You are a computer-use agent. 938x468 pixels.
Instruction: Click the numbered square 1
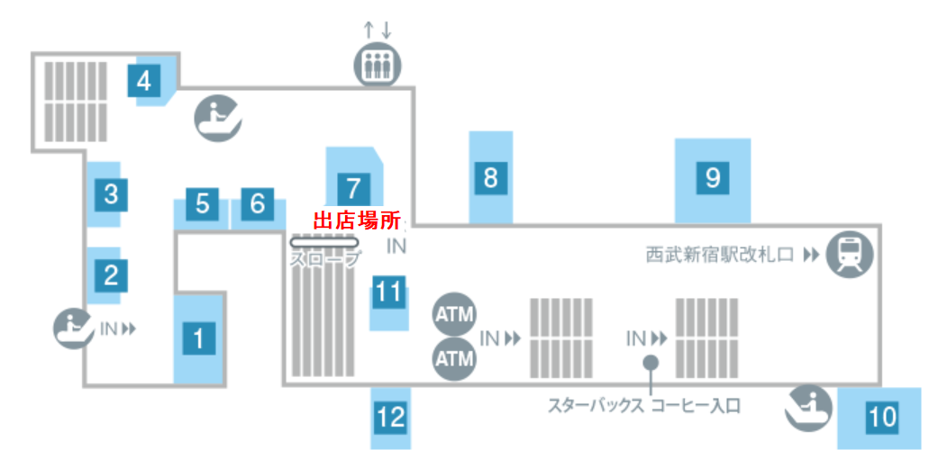[x=199, y=339]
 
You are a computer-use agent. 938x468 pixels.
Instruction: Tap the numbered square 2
[x=111, y=274]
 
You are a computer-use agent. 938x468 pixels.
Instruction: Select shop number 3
[x=111, y=193]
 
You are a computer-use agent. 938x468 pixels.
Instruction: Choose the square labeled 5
[x=202, y=204]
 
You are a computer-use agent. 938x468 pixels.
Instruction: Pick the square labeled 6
[x=258, y=204]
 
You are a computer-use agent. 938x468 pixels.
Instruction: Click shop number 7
[x=353, y=188]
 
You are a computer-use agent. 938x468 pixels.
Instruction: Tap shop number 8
[x=490, y=177]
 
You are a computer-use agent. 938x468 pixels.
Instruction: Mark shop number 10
[x=883, y=417]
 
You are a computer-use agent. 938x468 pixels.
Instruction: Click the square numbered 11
[x=388, y=292]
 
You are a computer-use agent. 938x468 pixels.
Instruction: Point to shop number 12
[x=390, y=417]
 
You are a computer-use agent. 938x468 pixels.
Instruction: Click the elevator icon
[x=377, y=65]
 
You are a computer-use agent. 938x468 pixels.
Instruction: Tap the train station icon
[x=850, y=254]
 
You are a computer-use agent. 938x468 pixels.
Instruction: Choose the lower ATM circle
[x=454, y=358]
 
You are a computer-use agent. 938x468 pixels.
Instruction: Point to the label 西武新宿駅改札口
[x=719, y=255]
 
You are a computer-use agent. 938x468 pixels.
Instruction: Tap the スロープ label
[x=325, y=259]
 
